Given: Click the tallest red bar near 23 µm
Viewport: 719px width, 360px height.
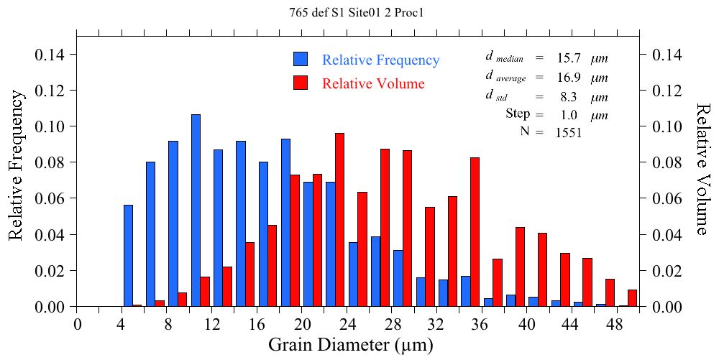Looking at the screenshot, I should [x=340, y=220].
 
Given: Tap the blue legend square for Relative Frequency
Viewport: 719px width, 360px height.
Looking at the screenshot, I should [x=301, y=60].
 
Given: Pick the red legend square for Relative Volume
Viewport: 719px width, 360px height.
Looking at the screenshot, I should [x=301, y=83].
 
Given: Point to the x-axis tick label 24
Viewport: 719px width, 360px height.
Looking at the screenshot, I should [x=347, y=323].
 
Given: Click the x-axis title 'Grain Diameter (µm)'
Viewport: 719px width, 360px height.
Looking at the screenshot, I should [x=351, y=345].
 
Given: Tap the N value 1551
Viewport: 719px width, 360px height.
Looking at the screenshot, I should [x=568, y=132].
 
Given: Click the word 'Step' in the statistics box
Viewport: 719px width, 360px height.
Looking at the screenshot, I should [x=518, y=114].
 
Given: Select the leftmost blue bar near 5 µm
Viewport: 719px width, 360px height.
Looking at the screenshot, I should [x=128, y=256].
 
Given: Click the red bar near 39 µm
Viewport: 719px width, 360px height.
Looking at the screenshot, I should [x=520, y=267].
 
